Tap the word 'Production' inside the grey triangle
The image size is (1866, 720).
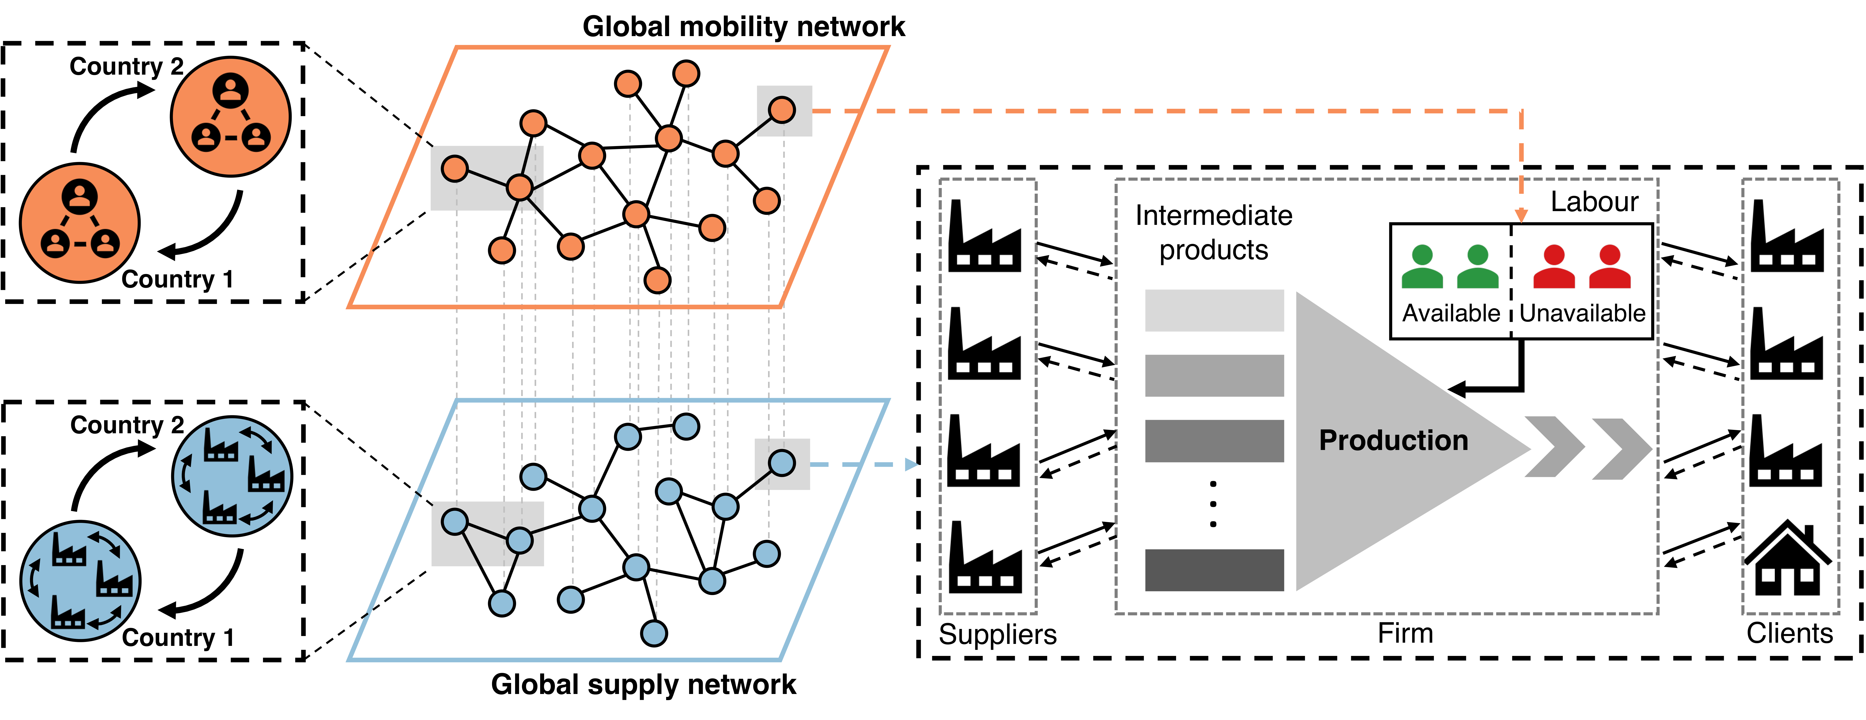[1393, 440]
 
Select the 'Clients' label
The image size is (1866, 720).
[1789, 633]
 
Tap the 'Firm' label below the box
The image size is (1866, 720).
[1405, 633]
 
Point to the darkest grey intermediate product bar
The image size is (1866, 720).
[1214, 570]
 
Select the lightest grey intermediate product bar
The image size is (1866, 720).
[1214, 311]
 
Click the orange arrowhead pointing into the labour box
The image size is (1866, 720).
[1521, 215]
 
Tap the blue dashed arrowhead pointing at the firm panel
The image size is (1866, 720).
[911, 464]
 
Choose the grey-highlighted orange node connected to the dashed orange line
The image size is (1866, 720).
[782, 110]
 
